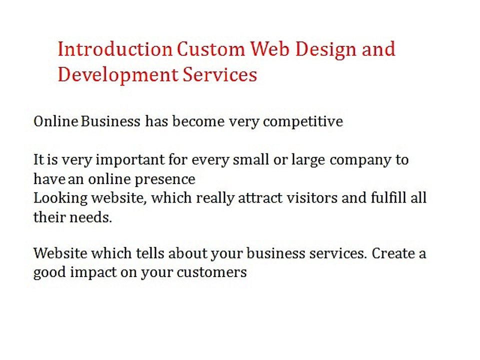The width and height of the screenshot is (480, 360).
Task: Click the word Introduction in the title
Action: [x=115, y=49]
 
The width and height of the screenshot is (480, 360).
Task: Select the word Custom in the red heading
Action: [x=211, y=49]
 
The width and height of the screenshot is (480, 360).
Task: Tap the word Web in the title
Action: [x=269, y=49]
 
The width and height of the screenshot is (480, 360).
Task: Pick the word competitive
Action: [x=303, y=122]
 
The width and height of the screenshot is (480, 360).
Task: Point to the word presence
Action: [x=164, y=180]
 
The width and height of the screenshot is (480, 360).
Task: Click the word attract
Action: [x=260, y=198]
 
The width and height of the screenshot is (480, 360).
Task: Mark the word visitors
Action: [x=312, y=198]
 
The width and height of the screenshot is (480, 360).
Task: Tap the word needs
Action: [x=91, y=217]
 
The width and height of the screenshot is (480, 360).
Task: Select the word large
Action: [x=308, y=160]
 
